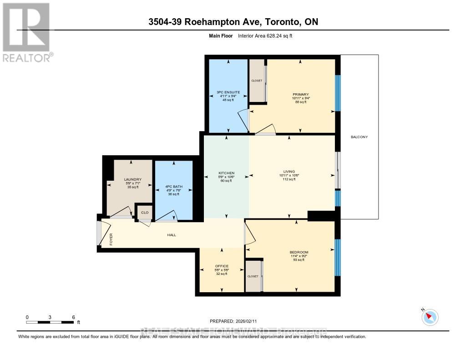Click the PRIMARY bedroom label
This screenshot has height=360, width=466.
tap(300, 94)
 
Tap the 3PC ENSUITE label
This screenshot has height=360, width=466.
tap(228, 92)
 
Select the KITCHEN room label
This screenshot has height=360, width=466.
tap(226, 173)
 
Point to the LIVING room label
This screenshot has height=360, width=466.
tap(289, 172)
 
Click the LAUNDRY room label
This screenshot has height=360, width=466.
tap(133, 179)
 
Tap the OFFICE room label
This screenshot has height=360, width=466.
tap(222, 266)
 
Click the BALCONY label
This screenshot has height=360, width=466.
tap(360, 137)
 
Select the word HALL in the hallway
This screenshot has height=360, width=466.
tap(171, 235)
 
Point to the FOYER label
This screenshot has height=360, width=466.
tap(111, 239)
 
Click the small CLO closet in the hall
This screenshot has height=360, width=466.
tap(145, 213)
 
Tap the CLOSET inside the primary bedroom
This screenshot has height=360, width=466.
tap(257, 81)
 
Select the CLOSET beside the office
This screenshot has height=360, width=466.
tap(253, 276)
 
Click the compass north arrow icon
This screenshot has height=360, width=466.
tap(430, 317)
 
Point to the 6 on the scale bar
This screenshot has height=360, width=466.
tap(73, 317)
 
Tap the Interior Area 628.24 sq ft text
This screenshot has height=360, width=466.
tap(265, 35)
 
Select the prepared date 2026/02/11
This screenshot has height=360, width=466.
tap(236, 321)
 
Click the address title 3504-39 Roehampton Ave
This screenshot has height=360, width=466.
tap(233, 22)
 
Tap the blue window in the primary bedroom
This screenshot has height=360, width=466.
tap(338, 93)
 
